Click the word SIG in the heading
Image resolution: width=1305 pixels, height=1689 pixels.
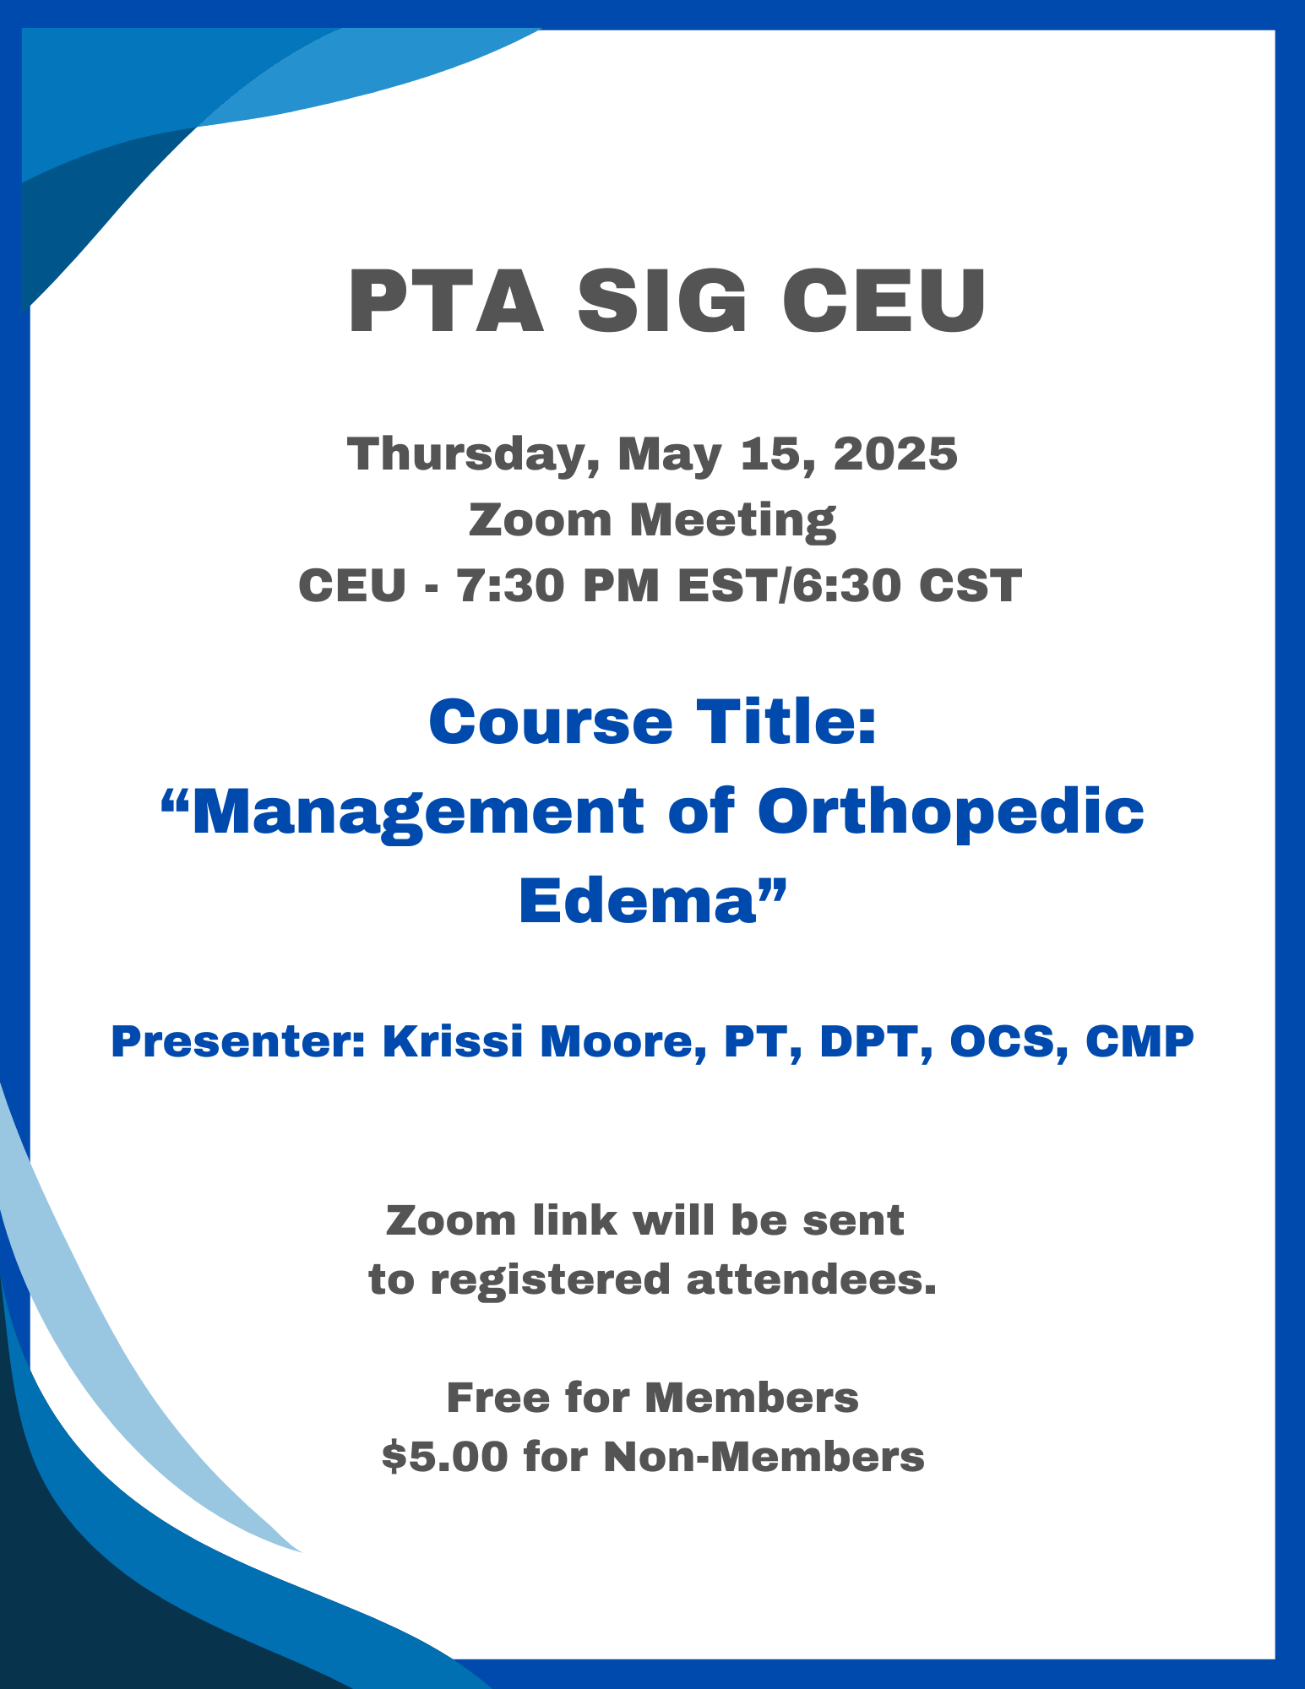662,301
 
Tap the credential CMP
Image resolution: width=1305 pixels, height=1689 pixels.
1139,1041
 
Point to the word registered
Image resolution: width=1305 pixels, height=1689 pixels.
552,1280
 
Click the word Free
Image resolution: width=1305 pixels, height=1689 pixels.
498,1398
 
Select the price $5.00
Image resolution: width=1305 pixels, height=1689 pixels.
445,1457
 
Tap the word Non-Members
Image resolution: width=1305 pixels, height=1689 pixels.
764,1457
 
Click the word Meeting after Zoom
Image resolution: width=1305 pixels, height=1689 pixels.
733,520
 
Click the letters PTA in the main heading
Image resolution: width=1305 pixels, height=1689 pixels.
446,301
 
